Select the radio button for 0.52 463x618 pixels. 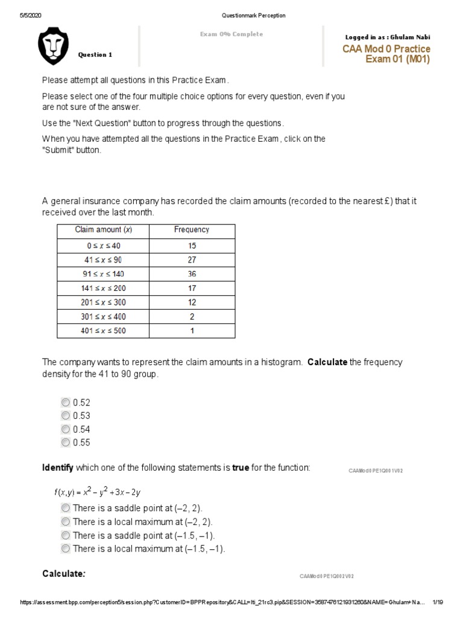(x=65, y=403)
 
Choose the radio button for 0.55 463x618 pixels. (x=65, y=442)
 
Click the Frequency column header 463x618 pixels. (x=192, y=229)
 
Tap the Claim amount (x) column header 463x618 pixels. (x=103, y=229)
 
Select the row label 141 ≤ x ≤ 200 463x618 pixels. (x=103, y=287)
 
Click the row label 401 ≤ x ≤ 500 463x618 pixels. (x=103, y=331)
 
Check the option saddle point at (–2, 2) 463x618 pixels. (x=65, y=509)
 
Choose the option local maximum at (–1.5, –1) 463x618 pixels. (x=65, y=549)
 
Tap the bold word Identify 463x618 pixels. (x=57, y=468)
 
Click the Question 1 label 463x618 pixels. (x=95, y=55)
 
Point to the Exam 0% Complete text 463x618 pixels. (x=231, y=34)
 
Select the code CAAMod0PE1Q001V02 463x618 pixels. (x=375, y=471)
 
